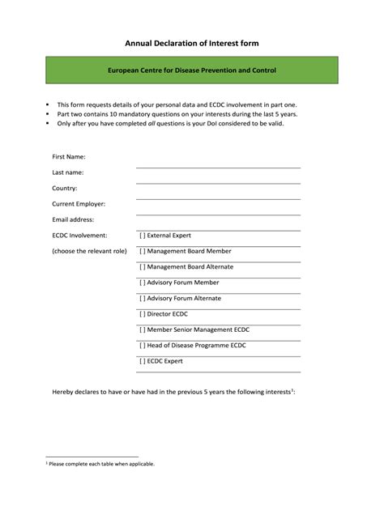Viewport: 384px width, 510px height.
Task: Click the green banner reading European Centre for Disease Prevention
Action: click(192, 71)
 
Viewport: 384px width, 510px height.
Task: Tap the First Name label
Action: click(69, 156)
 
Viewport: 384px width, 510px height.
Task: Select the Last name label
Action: click(68, 172)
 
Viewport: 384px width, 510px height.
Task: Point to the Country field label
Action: click(65, 188)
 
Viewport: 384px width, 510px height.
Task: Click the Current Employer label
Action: click(79, 204)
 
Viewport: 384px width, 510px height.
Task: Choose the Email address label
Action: click(74, 219)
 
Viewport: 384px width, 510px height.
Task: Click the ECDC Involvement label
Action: click(79, 236)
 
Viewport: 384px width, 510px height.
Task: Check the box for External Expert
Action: click(142, 236)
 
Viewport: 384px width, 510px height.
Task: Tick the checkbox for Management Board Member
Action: click(142, 251)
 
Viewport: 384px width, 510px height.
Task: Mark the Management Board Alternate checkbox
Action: click(142, 266)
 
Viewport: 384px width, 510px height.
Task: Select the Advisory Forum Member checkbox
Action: click(142, 283)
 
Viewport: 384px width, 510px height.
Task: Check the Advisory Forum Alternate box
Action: click(142, 298)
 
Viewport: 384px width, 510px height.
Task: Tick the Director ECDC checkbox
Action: click(142, 314)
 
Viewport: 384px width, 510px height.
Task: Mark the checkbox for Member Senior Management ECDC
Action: click(142, 329)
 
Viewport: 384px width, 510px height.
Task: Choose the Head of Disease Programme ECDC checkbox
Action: click(142, 346)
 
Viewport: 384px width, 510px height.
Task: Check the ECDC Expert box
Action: click(142, 361)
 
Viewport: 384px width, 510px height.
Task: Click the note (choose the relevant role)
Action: click(89, 251)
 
